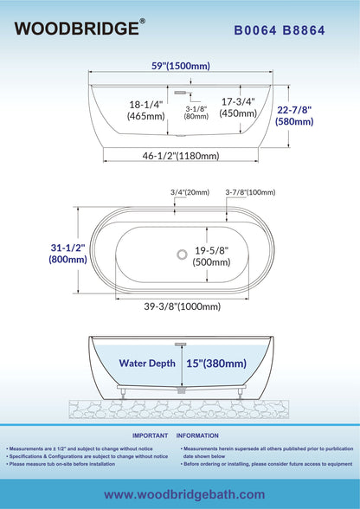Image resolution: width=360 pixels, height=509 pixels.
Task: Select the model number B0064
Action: coord(255,30)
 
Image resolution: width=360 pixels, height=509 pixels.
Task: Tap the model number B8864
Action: coord(304,30)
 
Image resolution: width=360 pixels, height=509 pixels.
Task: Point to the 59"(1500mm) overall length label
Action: coord(181,66)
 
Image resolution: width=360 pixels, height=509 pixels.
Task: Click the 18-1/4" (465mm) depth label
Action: coord(146,110)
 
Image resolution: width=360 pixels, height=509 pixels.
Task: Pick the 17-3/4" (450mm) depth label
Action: coord(238,107)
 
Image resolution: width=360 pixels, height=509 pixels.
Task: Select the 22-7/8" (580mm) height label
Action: coord(294,116)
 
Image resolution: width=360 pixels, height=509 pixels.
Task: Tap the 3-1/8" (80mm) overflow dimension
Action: coord(196,113)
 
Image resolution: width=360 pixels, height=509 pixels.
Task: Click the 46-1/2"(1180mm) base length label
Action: coord(181,156)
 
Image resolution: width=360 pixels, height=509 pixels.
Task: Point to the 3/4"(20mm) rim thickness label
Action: coord(190,192)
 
